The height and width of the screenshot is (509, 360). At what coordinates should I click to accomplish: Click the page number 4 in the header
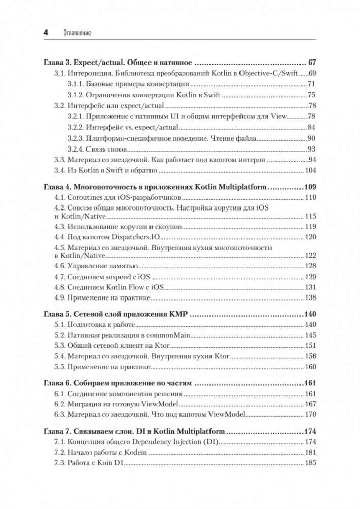pos(45,32)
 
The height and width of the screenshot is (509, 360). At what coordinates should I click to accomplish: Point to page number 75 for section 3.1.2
pos(312,95)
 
